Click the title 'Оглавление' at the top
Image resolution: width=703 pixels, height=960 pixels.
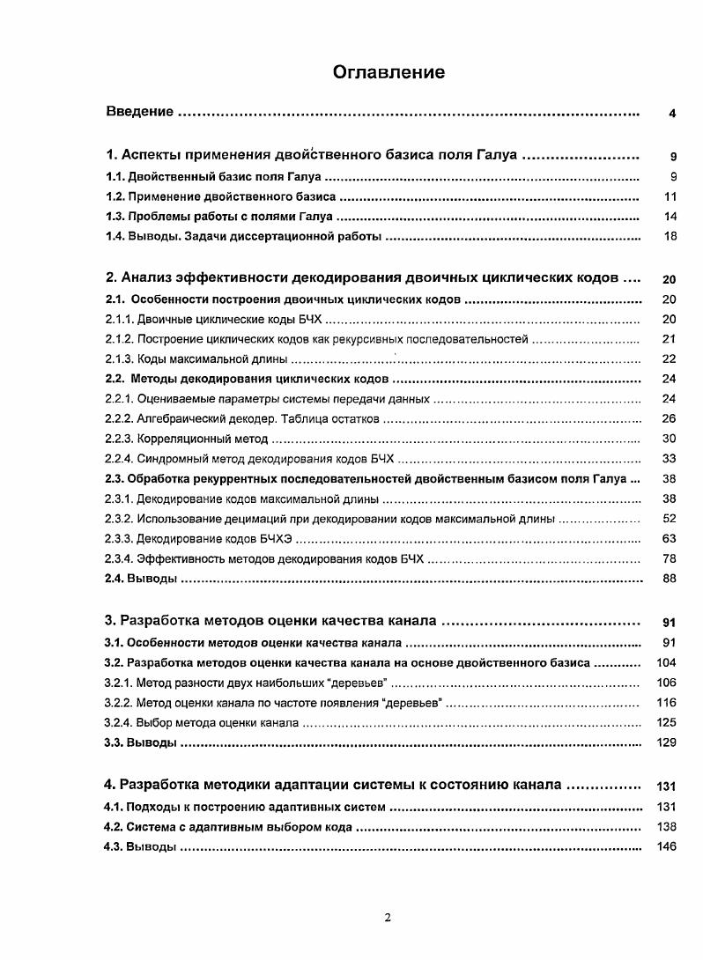(388, 72)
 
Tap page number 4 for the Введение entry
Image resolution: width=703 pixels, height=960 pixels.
(672, 114)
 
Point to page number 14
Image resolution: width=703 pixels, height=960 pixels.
(670, 217)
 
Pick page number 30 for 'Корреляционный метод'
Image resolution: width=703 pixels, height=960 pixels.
(670, 439)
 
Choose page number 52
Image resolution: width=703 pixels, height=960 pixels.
(670, 519)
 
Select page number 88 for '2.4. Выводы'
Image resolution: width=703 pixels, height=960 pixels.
(670, 579)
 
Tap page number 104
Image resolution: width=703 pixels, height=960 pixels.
(667, 662)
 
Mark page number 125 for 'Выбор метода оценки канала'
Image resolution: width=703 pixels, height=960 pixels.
(667, 722)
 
